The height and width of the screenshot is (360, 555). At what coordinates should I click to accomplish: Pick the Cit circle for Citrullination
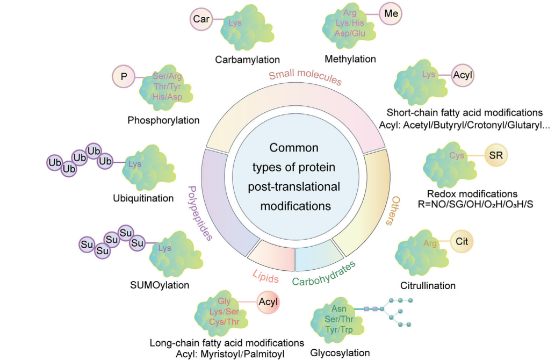462,242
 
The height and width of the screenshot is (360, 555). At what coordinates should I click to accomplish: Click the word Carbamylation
248,59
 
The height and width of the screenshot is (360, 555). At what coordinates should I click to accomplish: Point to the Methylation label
350,59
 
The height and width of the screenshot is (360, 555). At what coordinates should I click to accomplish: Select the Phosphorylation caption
163,120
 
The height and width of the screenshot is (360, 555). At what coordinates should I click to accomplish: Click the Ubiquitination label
143,198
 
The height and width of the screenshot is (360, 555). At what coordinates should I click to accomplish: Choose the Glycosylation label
340,353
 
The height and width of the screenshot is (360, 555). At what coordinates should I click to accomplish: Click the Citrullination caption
428,285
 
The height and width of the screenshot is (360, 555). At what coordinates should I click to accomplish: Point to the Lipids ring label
265,278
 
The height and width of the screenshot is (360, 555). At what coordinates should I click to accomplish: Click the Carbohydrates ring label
324,273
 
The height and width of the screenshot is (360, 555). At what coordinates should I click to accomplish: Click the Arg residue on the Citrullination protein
430,243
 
